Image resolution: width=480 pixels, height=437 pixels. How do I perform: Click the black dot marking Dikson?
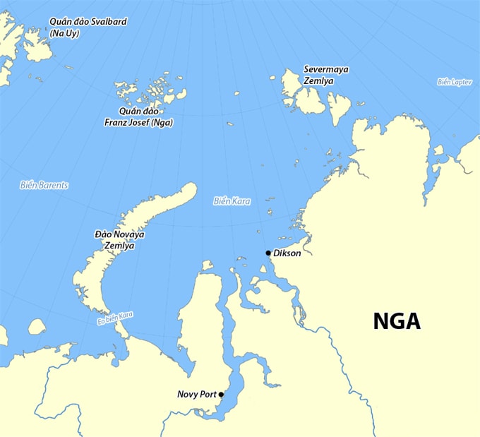[268, 253]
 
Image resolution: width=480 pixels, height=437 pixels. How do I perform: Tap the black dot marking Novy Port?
[221, 394]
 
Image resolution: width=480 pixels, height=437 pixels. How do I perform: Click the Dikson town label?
[287, 253]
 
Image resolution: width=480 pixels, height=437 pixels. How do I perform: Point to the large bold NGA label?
[397, 321]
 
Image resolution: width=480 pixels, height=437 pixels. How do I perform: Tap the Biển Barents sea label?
[44, 186]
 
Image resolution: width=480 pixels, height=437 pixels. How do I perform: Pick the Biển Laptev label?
[454, 82]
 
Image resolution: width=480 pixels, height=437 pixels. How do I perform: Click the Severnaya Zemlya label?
[325, 75]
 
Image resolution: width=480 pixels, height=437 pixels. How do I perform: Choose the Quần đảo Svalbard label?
[88, 27]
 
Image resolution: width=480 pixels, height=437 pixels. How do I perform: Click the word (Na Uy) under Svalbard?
[63, 32]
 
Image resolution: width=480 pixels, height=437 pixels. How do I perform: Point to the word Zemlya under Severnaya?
[319, 81]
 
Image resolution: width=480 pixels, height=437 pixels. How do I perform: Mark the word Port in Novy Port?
[208, 394]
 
